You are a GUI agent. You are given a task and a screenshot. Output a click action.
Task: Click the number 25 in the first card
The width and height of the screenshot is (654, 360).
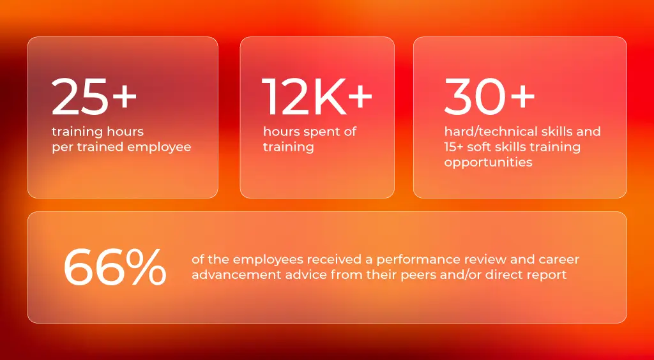pos(80,96)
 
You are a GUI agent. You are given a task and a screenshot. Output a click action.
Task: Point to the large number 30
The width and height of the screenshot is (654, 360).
pos(475,96)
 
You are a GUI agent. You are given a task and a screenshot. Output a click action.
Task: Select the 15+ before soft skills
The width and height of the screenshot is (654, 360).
pos(453,147)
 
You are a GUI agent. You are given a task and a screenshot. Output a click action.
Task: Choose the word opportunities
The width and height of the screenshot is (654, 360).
pos(488,163)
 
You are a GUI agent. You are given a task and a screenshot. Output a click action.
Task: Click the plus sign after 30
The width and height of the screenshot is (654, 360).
pos(522,96)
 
